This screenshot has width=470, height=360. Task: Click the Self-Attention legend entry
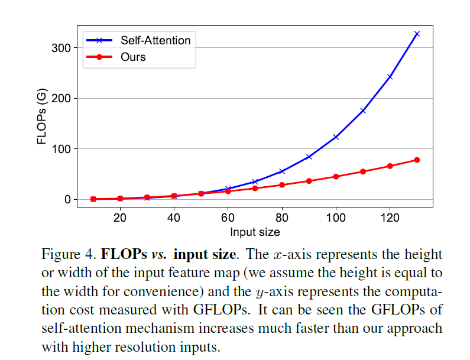[155, 41]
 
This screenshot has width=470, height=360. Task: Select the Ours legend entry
[133, 57]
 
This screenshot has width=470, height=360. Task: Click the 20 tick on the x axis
[120, 218]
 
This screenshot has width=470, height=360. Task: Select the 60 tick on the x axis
[228, 218]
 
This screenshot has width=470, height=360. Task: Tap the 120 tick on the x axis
[390, 218]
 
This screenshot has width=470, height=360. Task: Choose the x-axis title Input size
[255, 232]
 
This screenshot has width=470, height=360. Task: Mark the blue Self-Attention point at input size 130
[417, 34]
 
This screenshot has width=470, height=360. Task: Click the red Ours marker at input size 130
[417, 160]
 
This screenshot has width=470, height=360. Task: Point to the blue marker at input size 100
[336, 137]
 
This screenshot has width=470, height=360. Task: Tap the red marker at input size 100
[336, 176]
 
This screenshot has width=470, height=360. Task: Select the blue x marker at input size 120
[390, 77]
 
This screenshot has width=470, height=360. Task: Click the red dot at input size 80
[282, 185]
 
